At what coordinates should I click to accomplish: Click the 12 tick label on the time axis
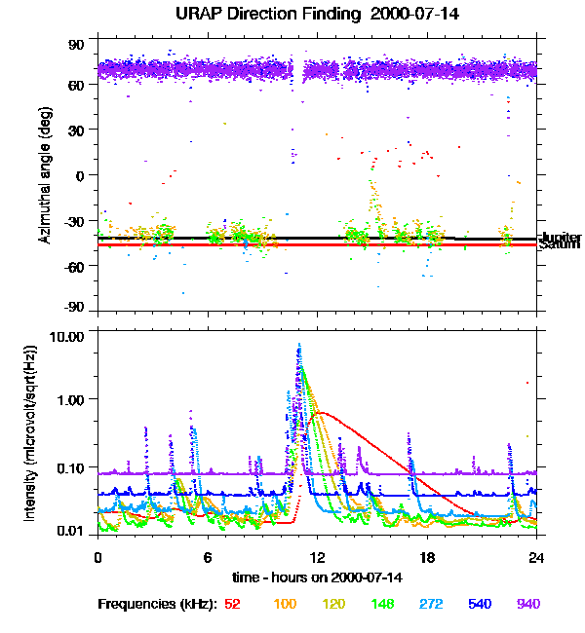click(317, 558)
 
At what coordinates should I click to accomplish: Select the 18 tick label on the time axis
click(427, 558)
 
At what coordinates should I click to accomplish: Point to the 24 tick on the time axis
click(536, 558)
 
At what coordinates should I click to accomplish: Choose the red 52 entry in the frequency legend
click(232, 604)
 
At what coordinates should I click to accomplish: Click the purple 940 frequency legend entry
click(527, 604)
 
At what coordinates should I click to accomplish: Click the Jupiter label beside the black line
click(562, 237)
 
